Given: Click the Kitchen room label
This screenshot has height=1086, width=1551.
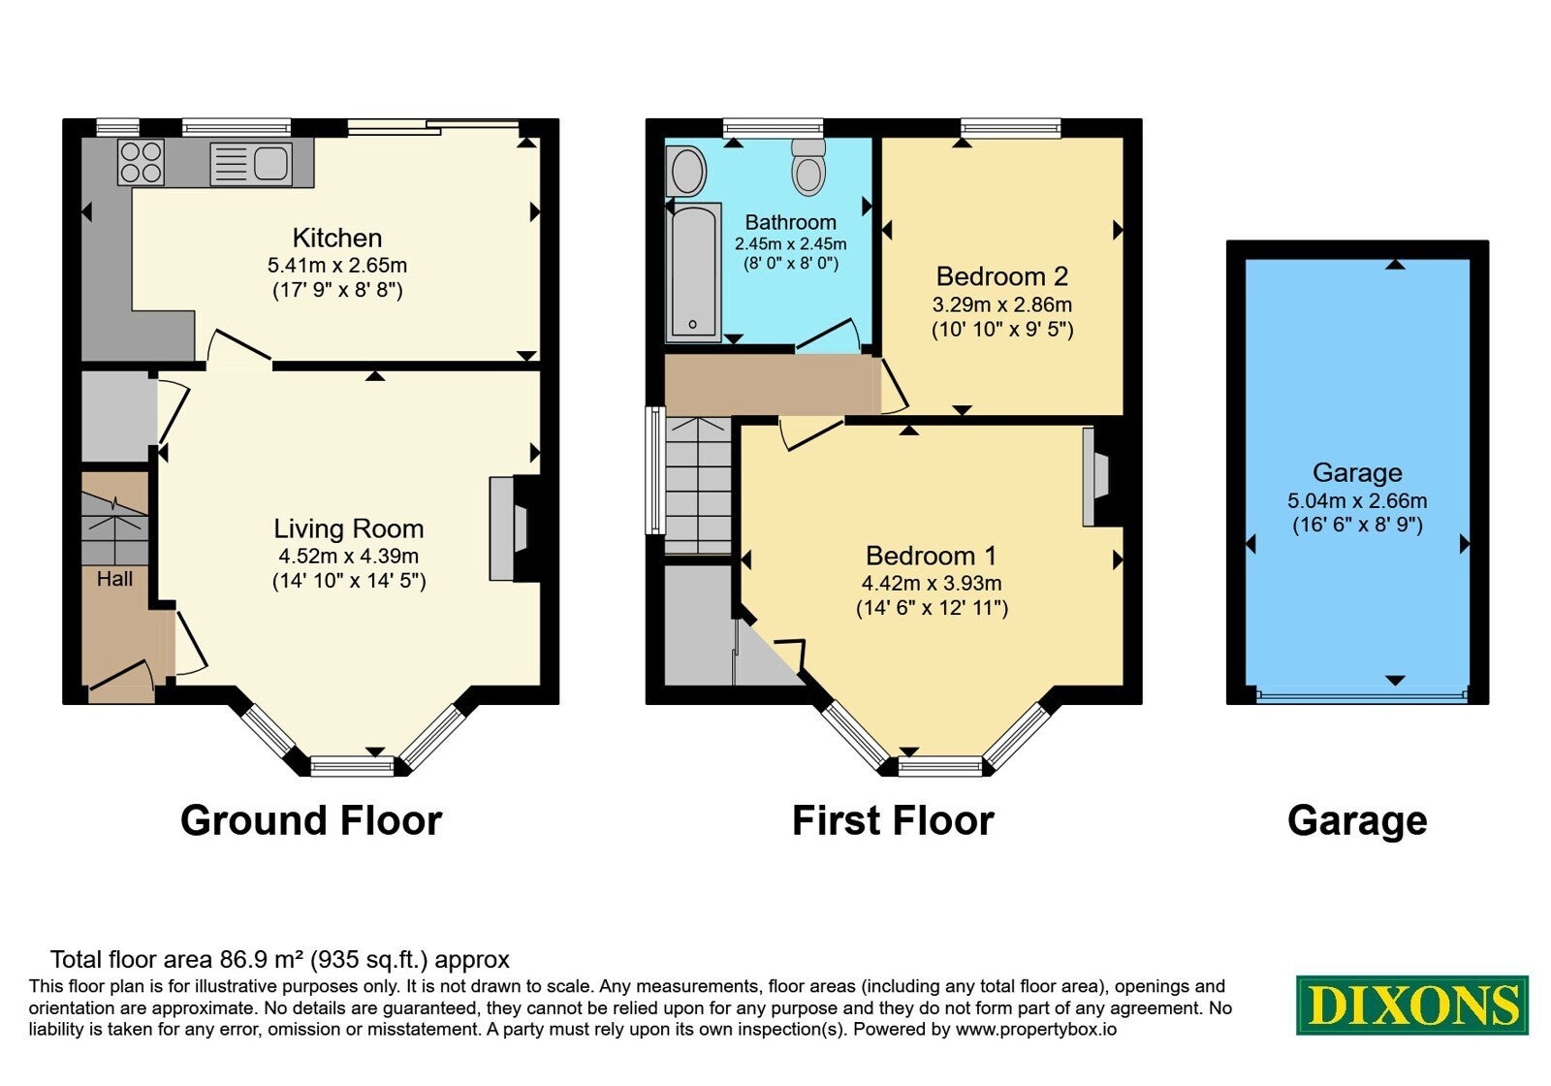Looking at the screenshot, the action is coord(337,239).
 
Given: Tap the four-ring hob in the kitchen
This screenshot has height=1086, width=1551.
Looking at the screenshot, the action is coord(141,162).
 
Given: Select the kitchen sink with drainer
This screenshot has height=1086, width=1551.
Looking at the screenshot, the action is coord(251,164).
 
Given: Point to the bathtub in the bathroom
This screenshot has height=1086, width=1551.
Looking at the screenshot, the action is coord(693,272).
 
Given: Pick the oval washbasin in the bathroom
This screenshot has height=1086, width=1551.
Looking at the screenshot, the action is coord(686,171).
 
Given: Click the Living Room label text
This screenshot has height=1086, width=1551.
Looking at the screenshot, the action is coord(348,529).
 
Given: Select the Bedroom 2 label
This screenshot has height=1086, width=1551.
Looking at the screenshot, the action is coord(1002,276).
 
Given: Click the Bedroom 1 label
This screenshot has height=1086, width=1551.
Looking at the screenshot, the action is coord(932,556).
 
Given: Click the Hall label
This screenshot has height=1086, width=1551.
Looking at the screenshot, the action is coord(115,579).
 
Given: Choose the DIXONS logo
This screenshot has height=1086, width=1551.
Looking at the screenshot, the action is coord(1411,1005).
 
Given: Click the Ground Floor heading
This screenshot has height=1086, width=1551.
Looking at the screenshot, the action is coord(311,820).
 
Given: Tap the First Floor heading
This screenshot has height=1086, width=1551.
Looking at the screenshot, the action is coord(893,820).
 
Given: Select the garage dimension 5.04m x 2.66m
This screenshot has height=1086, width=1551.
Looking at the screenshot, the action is coord(1357,500).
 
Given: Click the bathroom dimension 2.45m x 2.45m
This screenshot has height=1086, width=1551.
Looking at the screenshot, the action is coord(791,243).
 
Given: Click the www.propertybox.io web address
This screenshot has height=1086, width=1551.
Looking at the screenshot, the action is coord(1036,1029).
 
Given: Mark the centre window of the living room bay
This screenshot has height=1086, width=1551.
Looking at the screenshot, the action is coord(353,766).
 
